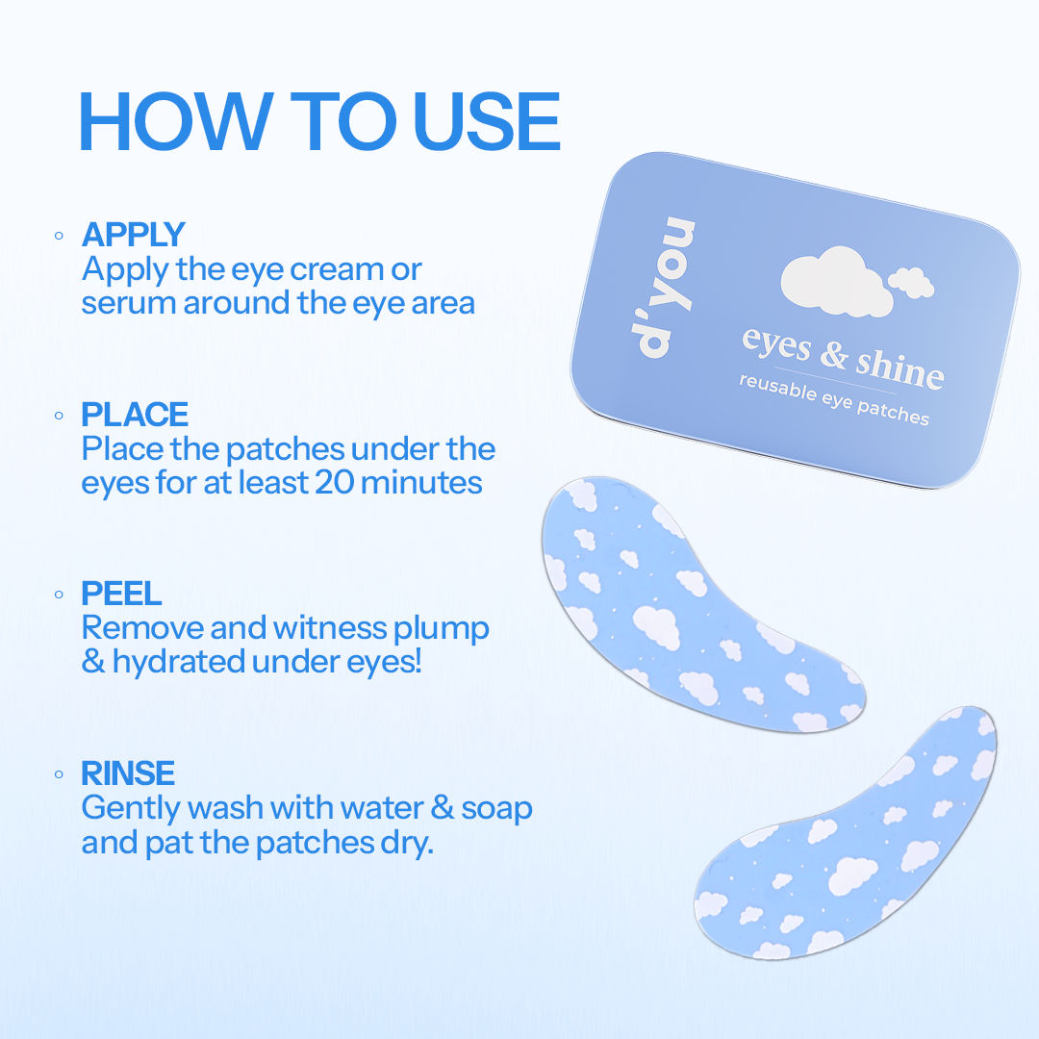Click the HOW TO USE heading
[318, 121]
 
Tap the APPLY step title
[133, 234]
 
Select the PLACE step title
[135, 414]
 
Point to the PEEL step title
[121, 593]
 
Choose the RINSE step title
[128, 773]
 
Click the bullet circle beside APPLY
[59, 236]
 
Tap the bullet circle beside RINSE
[59, 773]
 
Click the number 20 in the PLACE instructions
[335, 482]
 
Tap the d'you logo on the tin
[663, 287]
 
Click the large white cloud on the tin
[836, 281]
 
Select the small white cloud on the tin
[911, 282]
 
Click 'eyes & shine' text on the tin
[843, 357]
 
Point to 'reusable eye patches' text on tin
[834, 399]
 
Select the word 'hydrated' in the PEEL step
[178, 662]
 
